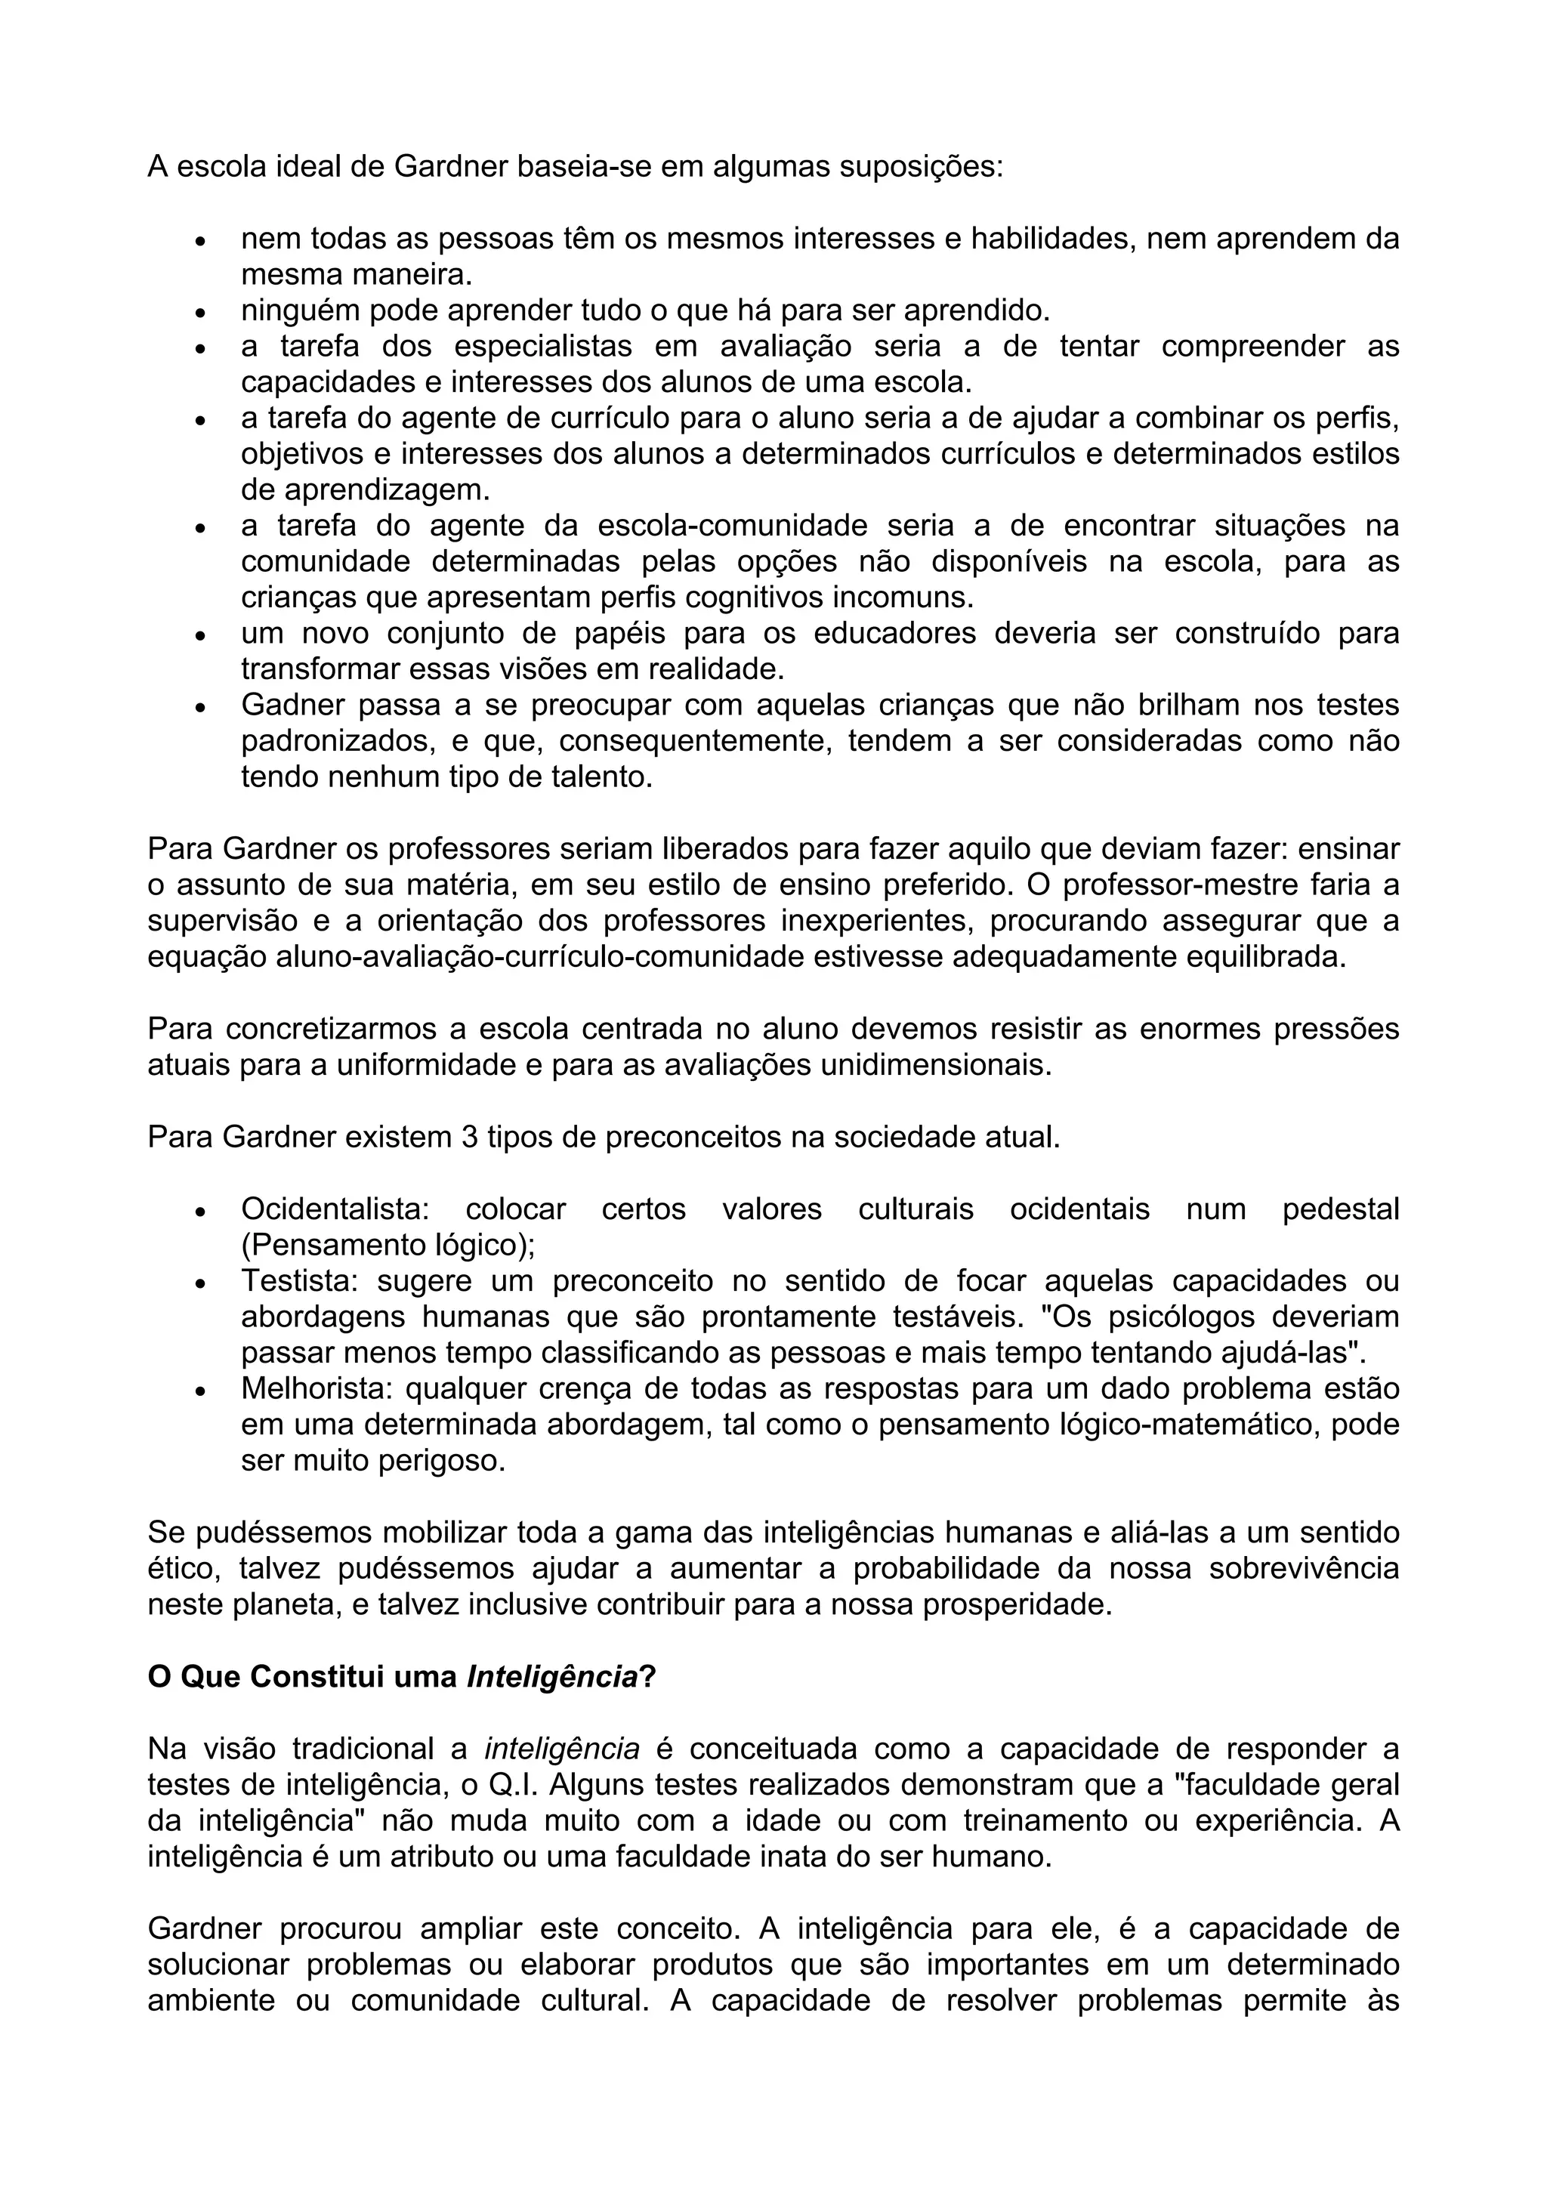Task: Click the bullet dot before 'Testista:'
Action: click(x=200, y=1283)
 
